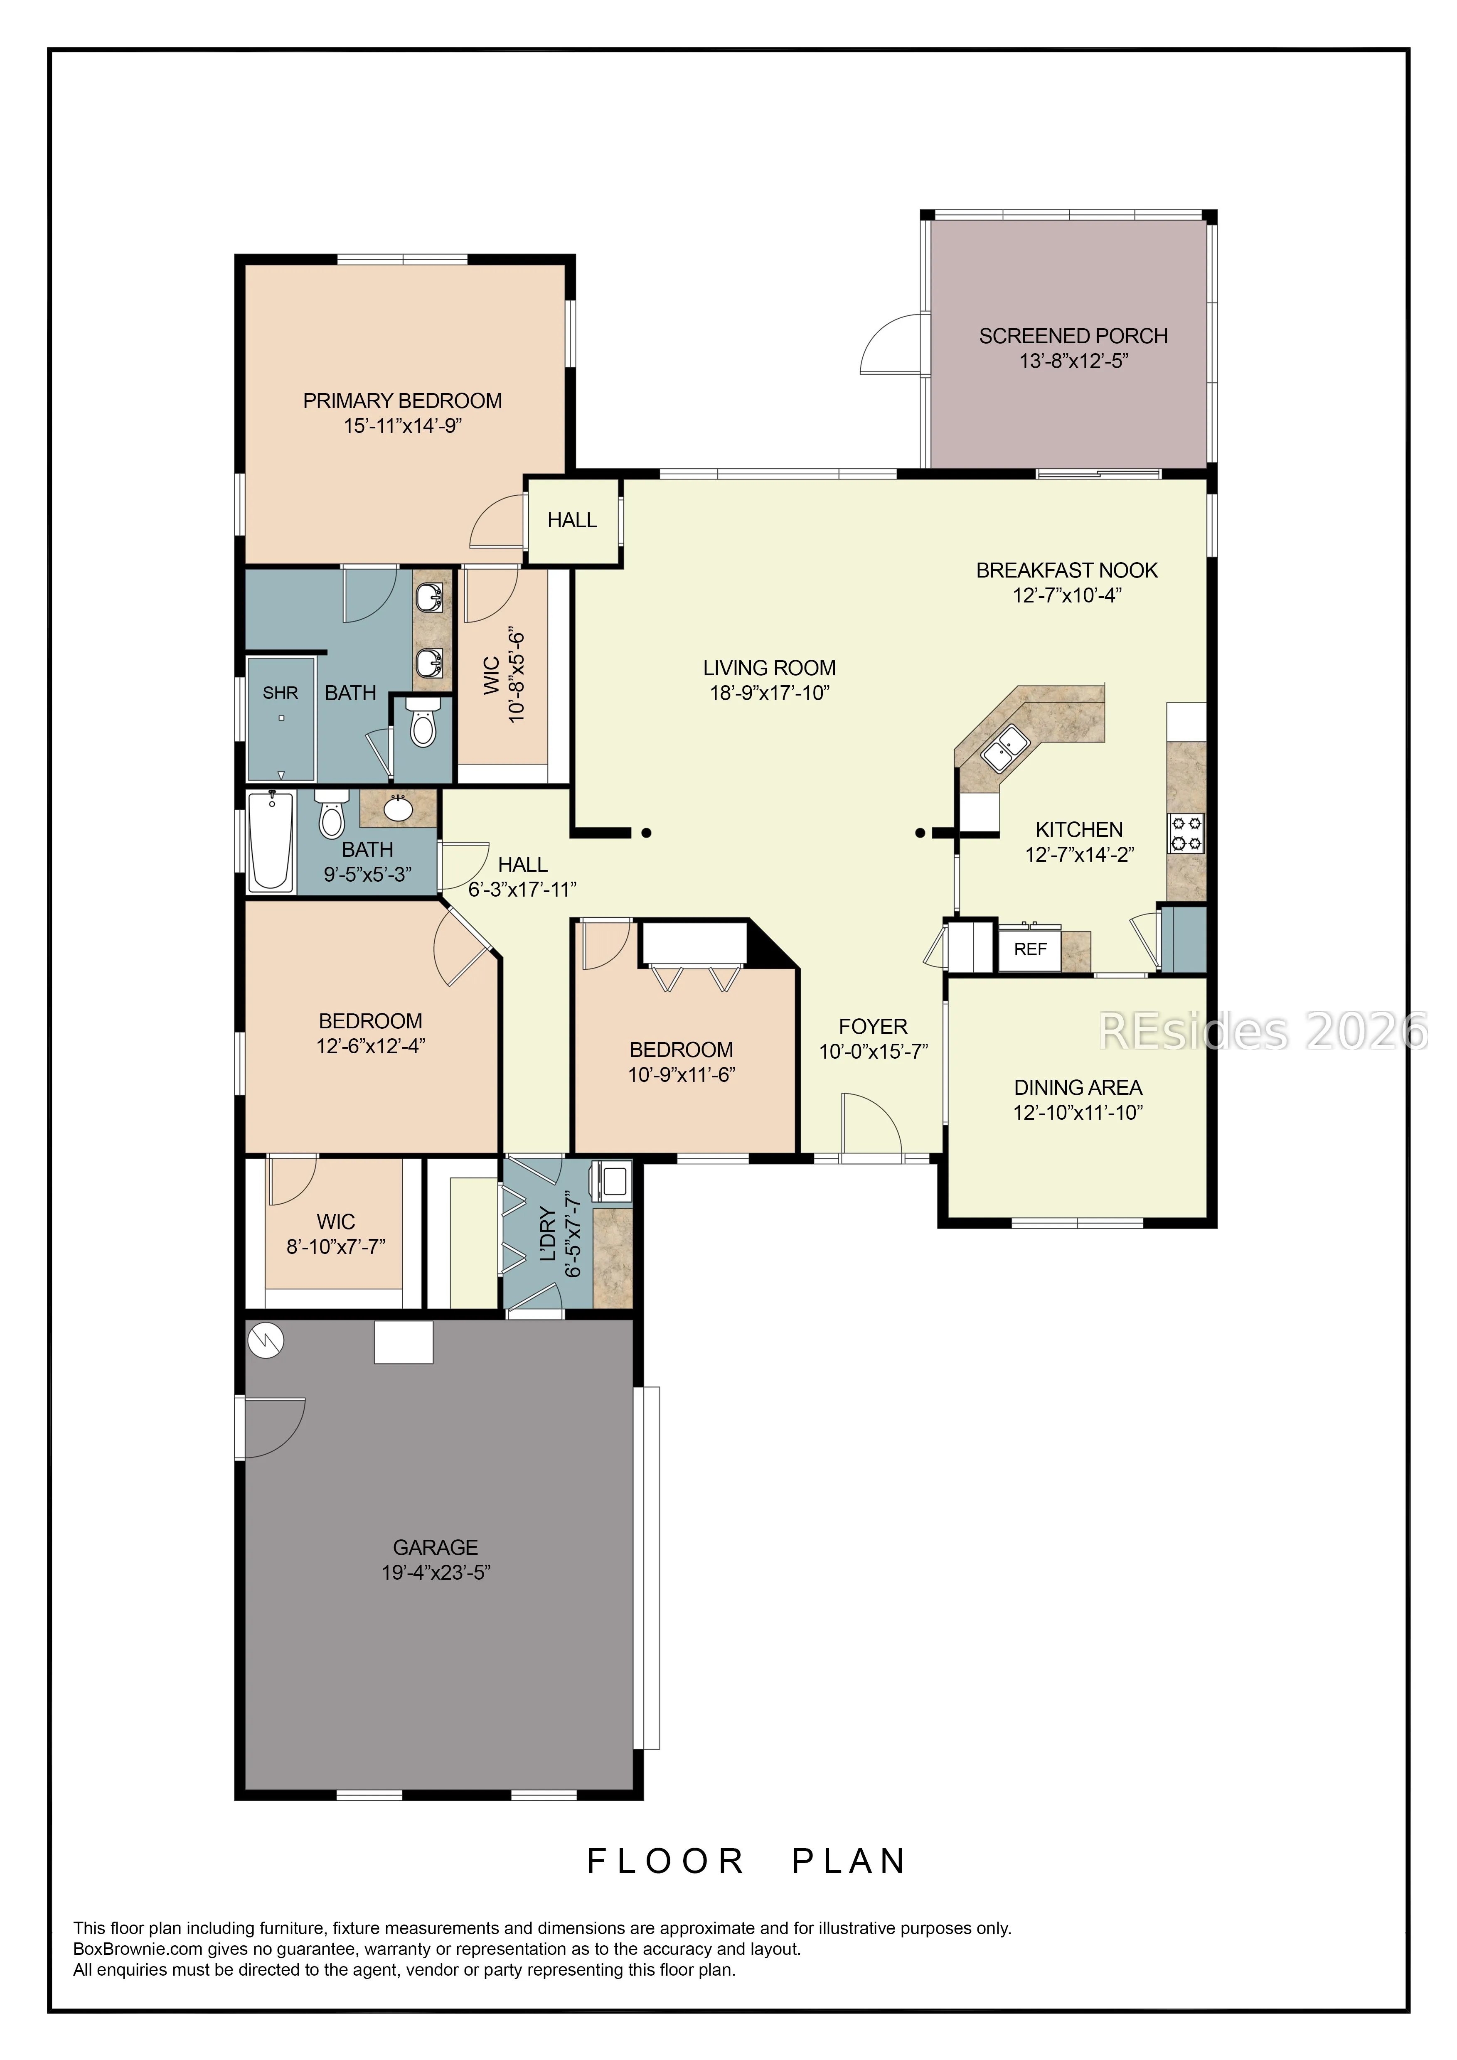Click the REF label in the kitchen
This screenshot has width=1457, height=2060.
1030,949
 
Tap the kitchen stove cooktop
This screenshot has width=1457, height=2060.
1185,833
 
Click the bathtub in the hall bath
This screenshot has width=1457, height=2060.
271,841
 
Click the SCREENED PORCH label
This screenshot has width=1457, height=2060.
1073,337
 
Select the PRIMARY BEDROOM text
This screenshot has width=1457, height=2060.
402,401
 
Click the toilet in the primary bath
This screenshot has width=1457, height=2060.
423,723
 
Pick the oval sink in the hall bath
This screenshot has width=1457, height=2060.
397,809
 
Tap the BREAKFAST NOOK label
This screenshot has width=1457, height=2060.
1067,570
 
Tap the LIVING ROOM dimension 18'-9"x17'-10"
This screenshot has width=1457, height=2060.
770,693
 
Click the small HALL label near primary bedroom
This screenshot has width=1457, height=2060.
572,520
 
